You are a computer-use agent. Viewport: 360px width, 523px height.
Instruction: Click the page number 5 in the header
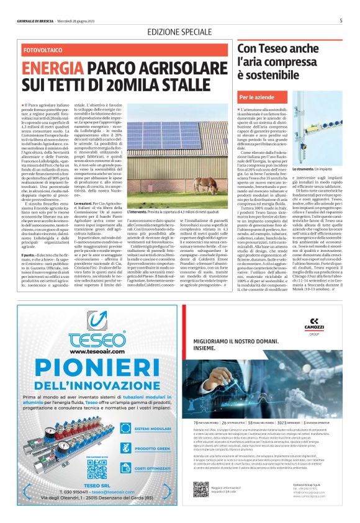[341, 20]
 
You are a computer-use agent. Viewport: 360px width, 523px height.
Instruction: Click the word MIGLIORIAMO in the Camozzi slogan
[215, 341]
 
